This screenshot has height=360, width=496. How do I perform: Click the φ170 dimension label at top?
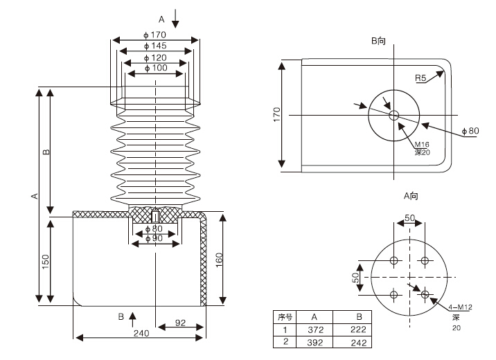(x=155, y=35)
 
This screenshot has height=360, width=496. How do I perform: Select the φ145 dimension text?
(x=155, y=46)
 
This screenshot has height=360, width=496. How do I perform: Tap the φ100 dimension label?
(x=155, y=68)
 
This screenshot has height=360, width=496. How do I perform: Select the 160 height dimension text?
(x=232, y=260)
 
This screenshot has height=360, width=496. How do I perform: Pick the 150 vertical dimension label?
(x=45, y=262)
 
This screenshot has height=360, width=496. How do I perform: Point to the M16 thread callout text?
(x=422, y=144)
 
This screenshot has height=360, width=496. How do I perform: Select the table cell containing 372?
(x=315, y=330)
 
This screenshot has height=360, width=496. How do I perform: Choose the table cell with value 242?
(x=359, y=341)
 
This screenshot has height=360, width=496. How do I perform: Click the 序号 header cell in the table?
(x=285, y=317)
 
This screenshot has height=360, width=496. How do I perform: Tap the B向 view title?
(x=378, y=41)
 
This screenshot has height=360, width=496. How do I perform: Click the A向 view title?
(x=411, y=196)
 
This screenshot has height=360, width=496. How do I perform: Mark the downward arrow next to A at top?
(x=175, y=18)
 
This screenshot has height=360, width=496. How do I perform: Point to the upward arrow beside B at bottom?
(x=133, y=318)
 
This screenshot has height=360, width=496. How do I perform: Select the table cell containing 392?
(x=315, y=341)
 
